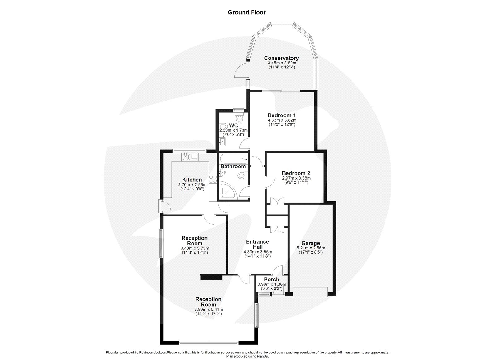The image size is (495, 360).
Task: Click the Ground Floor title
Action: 247,12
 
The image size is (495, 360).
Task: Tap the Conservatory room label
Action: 281,58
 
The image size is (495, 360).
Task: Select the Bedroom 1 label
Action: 282,115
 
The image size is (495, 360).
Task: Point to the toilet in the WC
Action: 239,118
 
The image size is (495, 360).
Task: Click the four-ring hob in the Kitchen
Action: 213,179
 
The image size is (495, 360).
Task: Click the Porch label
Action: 271,280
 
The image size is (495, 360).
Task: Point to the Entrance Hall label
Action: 257,244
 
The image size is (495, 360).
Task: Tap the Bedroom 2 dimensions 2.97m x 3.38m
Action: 296,178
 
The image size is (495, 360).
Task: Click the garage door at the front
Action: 310,292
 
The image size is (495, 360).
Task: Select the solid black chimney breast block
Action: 212,277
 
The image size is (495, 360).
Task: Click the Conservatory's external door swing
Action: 241,70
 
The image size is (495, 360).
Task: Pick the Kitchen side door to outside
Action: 163,206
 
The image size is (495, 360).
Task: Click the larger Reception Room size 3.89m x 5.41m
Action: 208,309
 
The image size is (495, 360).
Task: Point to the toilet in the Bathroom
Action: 241,176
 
